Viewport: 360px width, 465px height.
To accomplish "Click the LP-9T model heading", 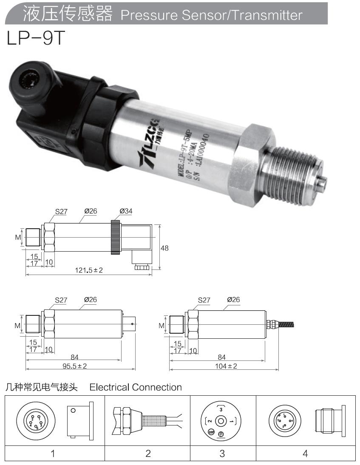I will click(35, 39).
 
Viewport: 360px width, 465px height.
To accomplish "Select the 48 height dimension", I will click(164, 248).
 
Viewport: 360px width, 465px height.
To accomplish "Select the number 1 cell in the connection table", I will click(53, 454).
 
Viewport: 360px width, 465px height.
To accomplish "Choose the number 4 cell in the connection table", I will click(305, 454).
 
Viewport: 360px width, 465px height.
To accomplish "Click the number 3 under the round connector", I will click(222, 454).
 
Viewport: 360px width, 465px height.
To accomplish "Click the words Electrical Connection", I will click(136, 387).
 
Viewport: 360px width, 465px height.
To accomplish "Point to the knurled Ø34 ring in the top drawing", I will click(115, 237).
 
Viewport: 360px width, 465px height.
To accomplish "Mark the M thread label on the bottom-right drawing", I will click(162, 326).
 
